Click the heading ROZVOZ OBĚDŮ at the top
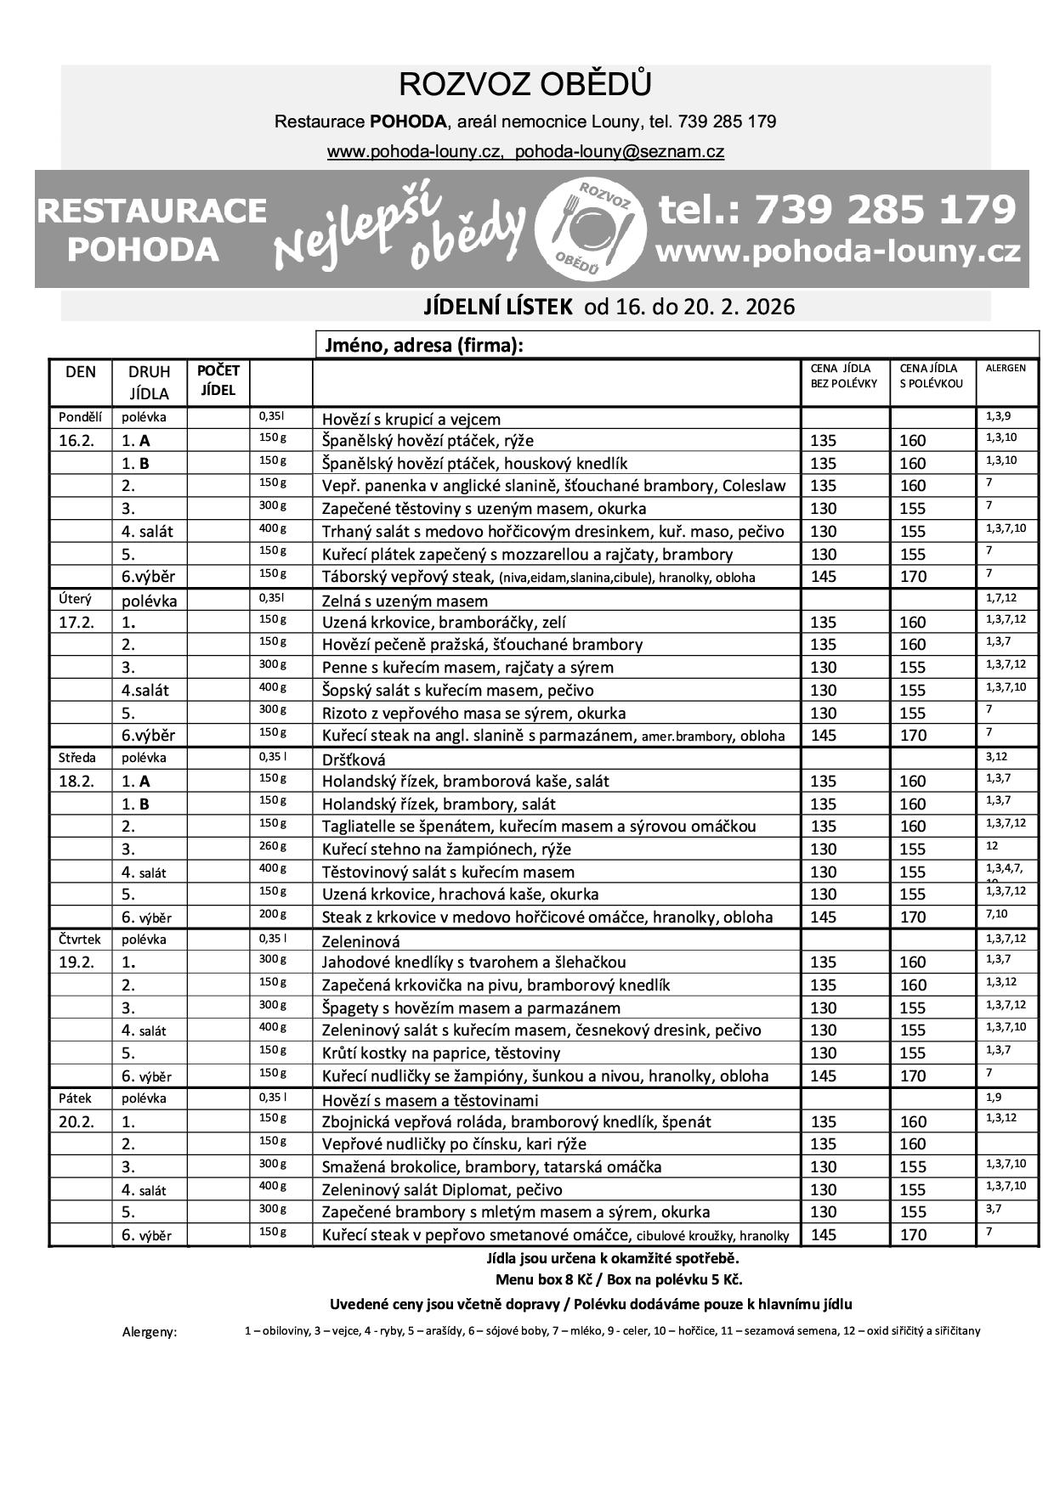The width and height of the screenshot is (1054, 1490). [x=525, y=86]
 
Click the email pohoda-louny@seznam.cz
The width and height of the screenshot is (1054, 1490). [x=619, y=152]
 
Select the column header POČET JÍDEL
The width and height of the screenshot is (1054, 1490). [x=218, y=381]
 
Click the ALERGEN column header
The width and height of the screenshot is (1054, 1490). [x=1006, y=369]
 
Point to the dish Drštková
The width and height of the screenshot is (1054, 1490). [x=354, y=759]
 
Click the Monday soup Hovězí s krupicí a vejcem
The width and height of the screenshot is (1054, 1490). [x=411, y=419]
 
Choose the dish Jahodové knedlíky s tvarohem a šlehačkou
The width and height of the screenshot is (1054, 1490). [x=473, y=962]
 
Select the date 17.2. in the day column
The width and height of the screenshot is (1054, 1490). [x=76, y=622]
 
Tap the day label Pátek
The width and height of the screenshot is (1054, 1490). [x=75, y=1098]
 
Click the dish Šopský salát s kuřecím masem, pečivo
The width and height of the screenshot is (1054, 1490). [x=457, y=690]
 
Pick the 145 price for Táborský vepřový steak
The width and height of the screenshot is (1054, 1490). [x=823, y=577]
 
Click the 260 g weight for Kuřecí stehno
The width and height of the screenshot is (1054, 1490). [x=273, y=846]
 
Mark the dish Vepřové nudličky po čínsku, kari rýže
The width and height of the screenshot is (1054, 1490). [x=454, y=1144]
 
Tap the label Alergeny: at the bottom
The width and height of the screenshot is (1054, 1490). [x=150, y=1332]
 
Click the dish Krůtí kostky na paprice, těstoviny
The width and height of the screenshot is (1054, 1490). [x=441, y=1053]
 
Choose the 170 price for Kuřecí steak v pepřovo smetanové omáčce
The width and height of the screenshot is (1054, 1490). [x=913, y=1235]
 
